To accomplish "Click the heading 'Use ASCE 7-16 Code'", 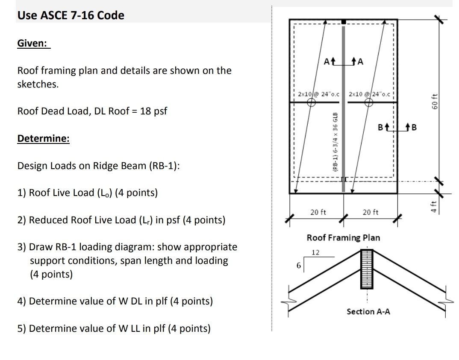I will coord(71,15).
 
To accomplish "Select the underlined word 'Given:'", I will coord(33,43).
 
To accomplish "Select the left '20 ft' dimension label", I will coord(318,212).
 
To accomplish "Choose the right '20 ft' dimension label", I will coord(371,212).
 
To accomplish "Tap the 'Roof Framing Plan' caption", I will coord(343,237).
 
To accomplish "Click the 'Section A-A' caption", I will coord(368,311).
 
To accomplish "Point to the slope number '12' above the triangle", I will coord(315,252).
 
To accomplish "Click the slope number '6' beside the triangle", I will coord(299,266).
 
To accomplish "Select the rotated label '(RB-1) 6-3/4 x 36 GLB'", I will coord(335,142).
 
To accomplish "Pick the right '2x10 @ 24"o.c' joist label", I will coord(370,94).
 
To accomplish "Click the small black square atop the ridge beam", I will coord(343,21).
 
